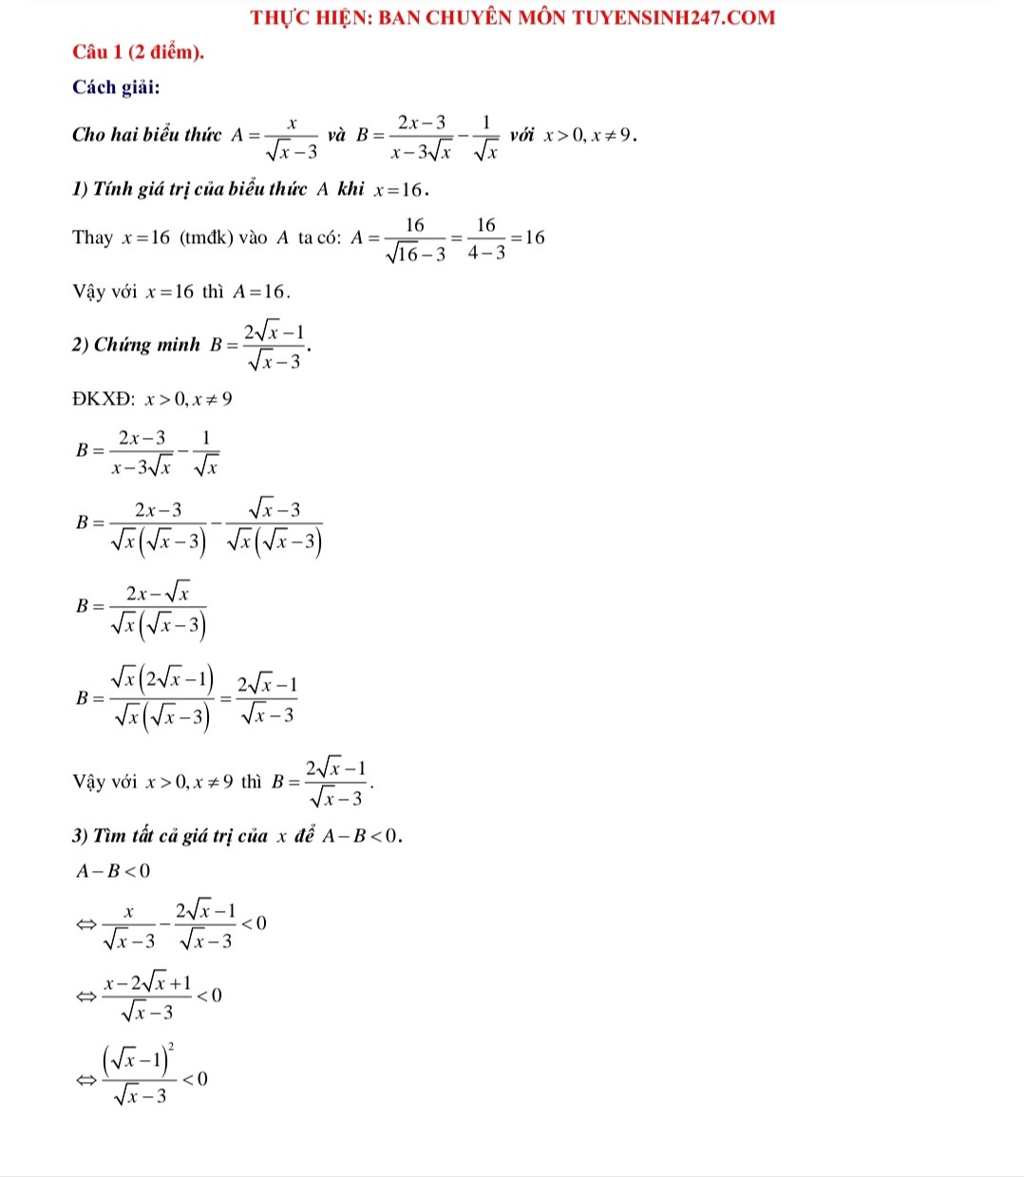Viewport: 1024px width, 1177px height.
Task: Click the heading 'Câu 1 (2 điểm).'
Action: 139,52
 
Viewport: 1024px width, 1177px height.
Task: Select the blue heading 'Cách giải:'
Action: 116,87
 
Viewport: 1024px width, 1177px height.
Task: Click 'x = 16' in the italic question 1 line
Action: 400,189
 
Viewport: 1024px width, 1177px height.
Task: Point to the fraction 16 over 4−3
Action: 485,238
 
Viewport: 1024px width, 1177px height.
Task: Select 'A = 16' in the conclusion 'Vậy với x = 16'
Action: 261,292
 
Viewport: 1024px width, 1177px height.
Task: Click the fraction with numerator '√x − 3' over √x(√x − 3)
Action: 274,526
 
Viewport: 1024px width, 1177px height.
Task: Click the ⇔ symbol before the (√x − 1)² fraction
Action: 86,1079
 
